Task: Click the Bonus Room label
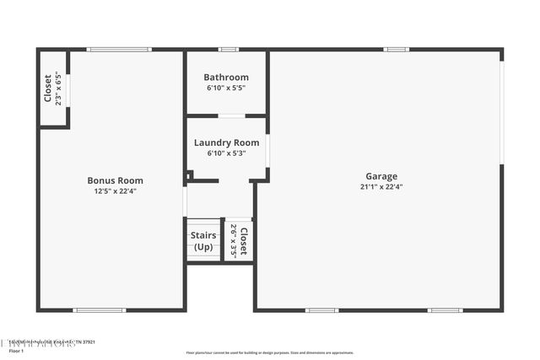pyautogui.click(x=115, y=180)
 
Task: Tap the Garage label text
pyautogui.click(x=381, y=176)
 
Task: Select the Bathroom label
pyautogui.click(x=226, y=78)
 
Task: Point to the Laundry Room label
pyautogui.click(x=226, y=143)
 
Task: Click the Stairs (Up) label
pyautogui.click(x=203, y=241)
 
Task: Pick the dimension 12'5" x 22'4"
pyautogui.click(x=115, y=191)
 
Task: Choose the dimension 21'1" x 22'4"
pyautogui.click(x=381, y=187)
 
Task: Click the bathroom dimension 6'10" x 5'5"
pyautogui.click(x=226, y=88)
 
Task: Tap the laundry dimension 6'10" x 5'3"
pyautogui.click(x=226, y=153)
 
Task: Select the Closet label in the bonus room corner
pyautogui.click(x=48, y=88)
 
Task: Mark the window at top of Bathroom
pyautogui.click(x=228, y=50)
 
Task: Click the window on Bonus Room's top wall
pyautogui.click(x=119, y=50)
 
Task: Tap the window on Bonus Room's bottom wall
pyautogui.click(x=100, y=310)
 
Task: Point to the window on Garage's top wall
pyautogui.click(x=396, y=50)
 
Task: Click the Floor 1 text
pyautogui.click(x=17, y=351)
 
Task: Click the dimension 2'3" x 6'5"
pyautogui.click(x=58, y=88)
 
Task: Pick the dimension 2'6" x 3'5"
pyautogui.click(x=233, y=240)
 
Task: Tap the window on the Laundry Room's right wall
pyautogui.click(x=267, y=149)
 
